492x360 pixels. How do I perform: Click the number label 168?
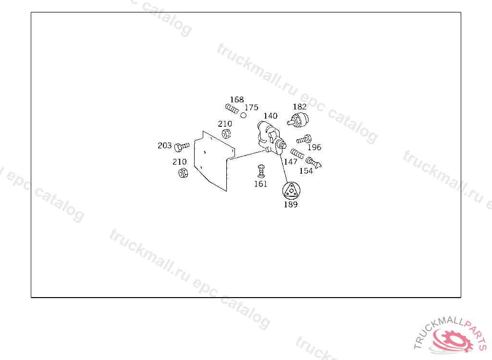(x=236, y=100)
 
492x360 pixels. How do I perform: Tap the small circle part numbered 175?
(x=244, y=115)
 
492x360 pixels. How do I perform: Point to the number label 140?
(x=270, y=116)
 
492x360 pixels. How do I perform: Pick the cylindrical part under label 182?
(x=300, y=120)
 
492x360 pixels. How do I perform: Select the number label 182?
(x=299, y=107)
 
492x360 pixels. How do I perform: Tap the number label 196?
(x=314, y=147)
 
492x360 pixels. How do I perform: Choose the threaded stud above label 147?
(x=297, y=154)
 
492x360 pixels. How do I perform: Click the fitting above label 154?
(x=313, y=163)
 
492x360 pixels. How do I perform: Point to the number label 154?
(x=306, y=171)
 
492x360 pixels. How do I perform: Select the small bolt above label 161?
(x=261, y=170)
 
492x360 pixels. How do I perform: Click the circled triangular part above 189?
(x=290, y=191)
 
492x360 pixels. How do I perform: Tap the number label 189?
(x=290, y=204)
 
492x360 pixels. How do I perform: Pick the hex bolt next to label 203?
(x=182, y=145)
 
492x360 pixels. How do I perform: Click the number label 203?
(x=164, y=145)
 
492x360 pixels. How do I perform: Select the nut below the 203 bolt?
(x=183, y=173)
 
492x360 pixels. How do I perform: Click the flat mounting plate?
(x=211, y=161)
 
